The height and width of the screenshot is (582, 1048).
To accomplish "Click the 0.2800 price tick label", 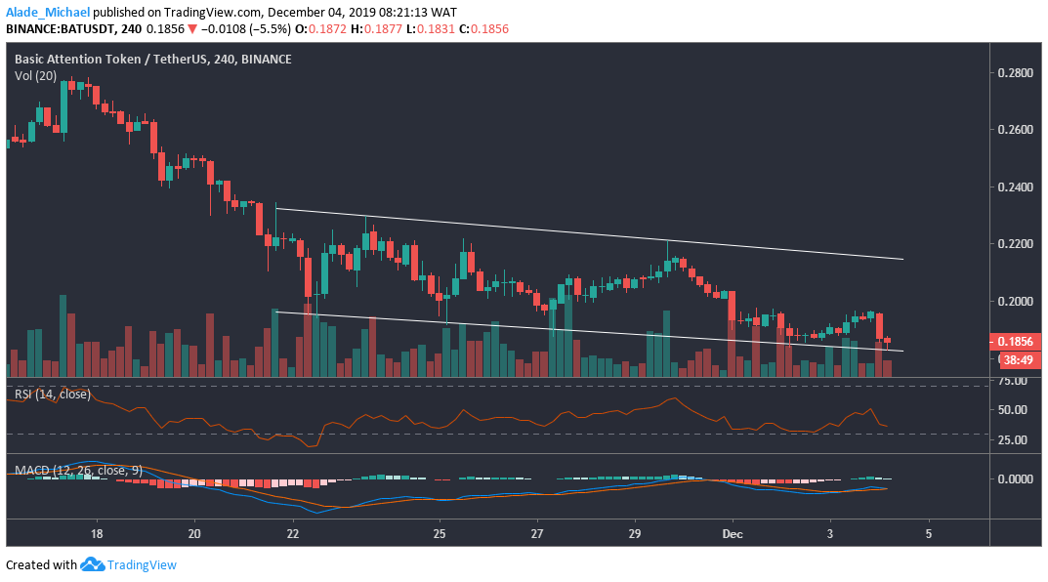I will [x=1014, y=73].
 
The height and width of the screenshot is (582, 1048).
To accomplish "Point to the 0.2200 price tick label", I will [x=1014, y=243].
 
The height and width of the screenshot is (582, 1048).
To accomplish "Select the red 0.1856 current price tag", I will [x=1014, y=342].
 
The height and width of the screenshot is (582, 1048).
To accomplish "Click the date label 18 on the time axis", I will [x=96, y=535].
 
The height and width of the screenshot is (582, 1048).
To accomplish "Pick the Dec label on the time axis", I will [x=732, y=535].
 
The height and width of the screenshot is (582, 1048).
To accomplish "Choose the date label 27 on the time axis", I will [x=536, y=535].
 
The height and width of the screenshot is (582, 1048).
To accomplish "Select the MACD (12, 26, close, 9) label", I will [x=78, y=470].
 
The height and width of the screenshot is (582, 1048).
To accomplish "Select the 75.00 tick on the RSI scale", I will [x=1011, y=382].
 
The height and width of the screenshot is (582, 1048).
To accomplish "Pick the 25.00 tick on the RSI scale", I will [x=1011, y=440].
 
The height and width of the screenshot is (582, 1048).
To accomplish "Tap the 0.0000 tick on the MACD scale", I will [x=1013, y=479].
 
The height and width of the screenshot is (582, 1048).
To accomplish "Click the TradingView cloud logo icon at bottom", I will [x=92, y=564].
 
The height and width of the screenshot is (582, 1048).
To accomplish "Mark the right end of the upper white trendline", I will [x=902, y=259].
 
